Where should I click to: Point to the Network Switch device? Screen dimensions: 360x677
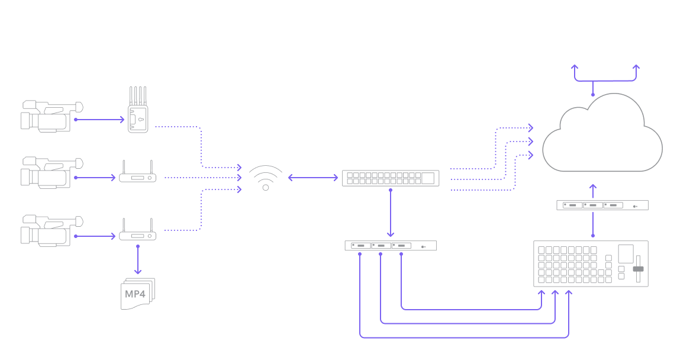coord(391,178)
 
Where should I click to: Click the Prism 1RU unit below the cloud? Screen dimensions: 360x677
coord(602,205)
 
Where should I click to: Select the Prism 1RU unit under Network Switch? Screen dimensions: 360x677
coord(392,246)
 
